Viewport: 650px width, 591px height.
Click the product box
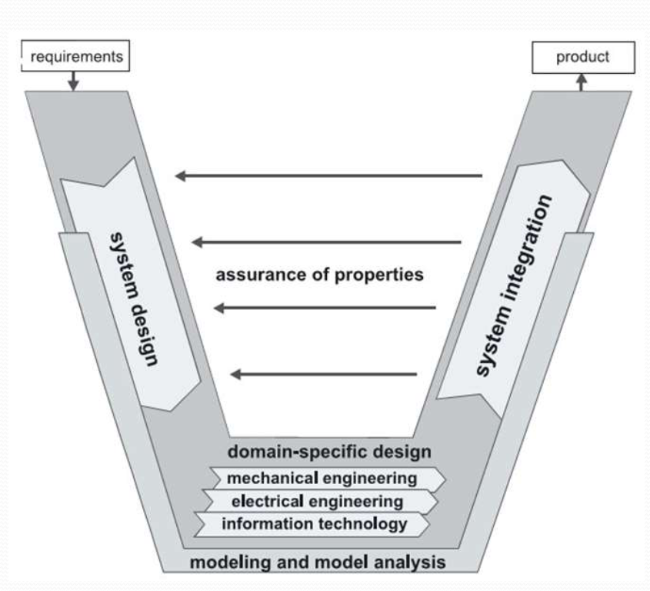coord(584,56)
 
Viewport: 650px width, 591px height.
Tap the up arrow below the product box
coord(582,81)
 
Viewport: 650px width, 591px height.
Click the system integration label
coord(515,285)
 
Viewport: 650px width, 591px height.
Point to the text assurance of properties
coord(318,275)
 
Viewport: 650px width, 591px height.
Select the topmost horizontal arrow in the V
coord(328,176)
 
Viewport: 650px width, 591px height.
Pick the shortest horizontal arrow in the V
coord(324,375)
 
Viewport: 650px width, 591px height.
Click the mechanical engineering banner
coord(322,478)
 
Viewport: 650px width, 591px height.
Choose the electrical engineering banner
coord(316,502)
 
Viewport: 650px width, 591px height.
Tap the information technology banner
coord(313,525)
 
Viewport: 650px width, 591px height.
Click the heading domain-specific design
coord(328,450)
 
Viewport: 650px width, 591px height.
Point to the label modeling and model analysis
coord(317,562)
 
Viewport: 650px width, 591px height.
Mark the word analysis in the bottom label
coord(416,562)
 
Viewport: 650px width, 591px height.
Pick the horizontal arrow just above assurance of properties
coord(326,242)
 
